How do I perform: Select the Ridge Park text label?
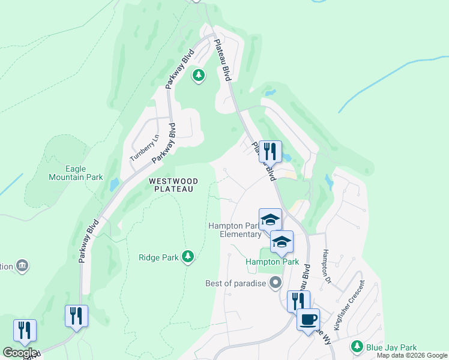(158, 257)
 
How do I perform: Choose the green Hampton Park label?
(272, 262)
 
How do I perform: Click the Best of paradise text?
(235, 283)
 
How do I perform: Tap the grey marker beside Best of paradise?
(276, 282)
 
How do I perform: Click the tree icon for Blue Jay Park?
(357, 347)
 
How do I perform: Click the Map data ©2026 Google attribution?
(412, 355)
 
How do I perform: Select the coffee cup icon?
(309, 319)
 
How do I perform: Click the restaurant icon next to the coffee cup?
(298, 301)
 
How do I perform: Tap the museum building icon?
(22, 265)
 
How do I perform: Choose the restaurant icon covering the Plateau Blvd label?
(270, 151)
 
